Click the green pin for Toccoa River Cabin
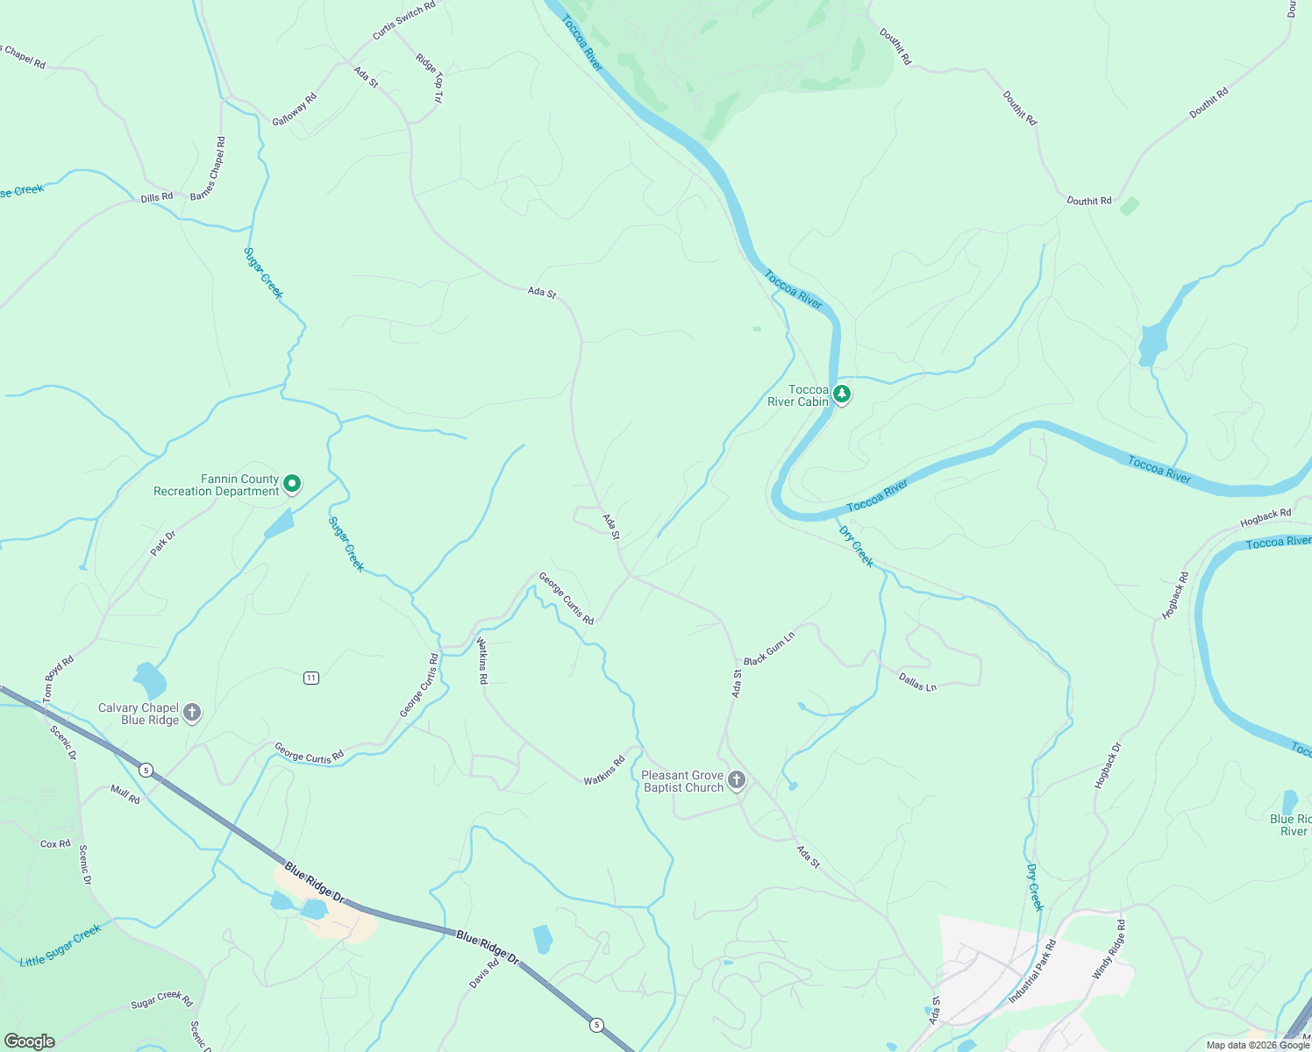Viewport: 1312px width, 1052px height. (842, 394)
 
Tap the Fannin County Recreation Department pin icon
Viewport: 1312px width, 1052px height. (293, 483)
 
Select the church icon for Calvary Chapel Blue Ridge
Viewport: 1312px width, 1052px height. (192, 712)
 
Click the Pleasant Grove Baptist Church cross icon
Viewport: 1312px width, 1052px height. (738, 779)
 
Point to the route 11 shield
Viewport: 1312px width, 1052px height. (311, 678)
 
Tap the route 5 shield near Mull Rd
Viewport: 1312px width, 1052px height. (146, 770)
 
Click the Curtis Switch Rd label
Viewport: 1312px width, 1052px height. (403, 21)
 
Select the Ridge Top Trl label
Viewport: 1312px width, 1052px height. (431, 78)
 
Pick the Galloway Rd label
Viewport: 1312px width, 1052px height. (294, 110)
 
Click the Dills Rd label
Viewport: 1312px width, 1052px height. (157, 197)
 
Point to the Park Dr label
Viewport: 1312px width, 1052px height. (163, 543)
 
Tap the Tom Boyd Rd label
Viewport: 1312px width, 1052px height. (59, 678)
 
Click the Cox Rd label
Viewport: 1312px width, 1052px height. (55, 843)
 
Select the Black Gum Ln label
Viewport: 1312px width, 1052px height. (769, 648)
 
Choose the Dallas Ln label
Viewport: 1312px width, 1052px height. (917, 681)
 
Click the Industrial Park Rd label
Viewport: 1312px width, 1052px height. (1032, 971)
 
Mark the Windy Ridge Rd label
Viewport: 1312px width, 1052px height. (1109, 950)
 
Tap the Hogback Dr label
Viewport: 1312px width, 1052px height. (1108, 765)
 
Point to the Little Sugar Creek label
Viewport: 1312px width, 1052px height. (61, 946)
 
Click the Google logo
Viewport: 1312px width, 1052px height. (29, 1041)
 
